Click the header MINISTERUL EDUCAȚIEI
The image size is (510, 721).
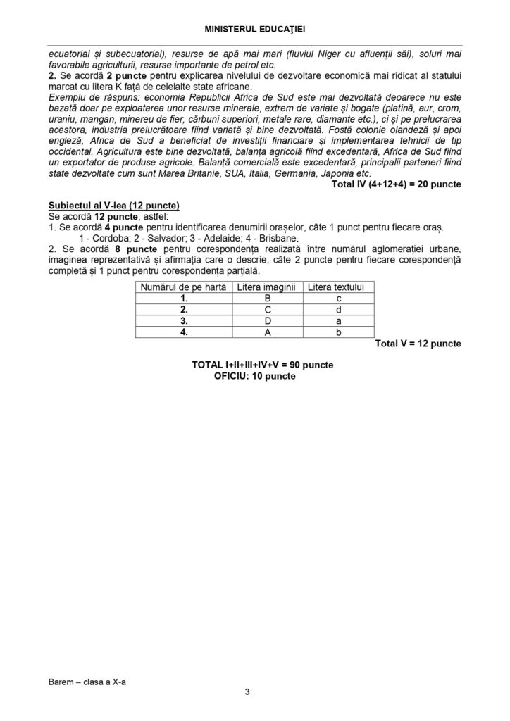coord(254,29)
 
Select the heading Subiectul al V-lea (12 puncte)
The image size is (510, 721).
coord(114,205)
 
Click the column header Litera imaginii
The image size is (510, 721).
coord(268,287)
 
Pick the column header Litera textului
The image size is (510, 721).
coord(339,287)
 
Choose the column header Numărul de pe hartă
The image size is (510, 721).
coord(184,287)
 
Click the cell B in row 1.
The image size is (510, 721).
coord(268,299)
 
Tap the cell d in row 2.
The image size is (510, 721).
coord(339,310)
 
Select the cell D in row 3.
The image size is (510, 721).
coord(268,321)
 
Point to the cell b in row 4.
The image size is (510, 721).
coord(339,332)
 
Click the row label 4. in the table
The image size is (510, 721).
coord(184,332)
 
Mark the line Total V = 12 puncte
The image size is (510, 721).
coord(418,344)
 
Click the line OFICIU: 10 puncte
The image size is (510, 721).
coord(255,376)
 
